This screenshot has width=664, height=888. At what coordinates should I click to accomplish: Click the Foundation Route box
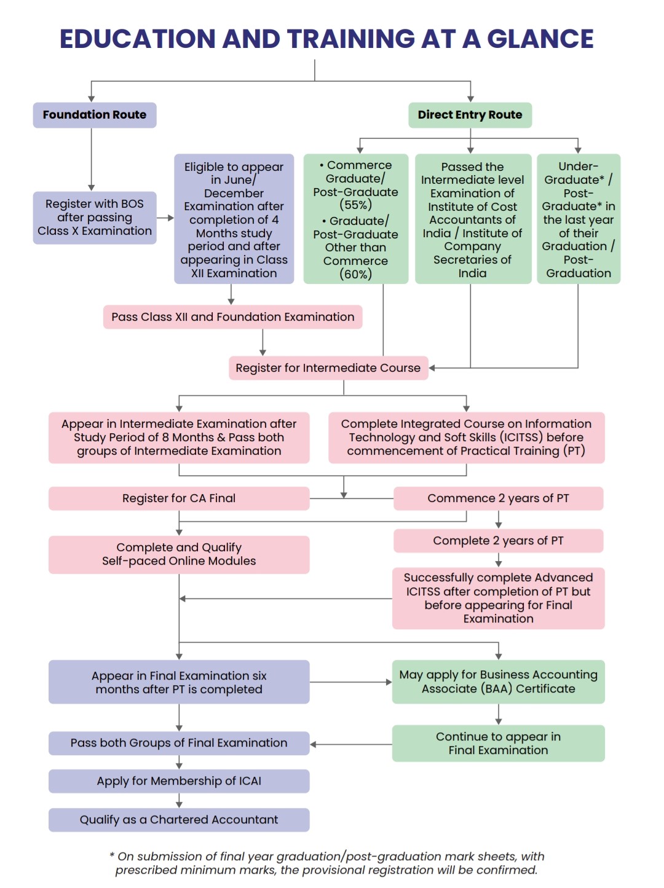click(x=94, y=115)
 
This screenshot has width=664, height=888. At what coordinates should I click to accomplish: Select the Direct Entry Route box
click(x=470, y=115)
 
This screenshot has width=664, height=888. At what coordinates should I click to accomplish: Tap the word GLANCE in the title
click(x=540, y=39)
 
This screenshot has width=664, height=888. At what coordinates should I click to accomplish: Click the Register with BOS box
click(x=94, y=218)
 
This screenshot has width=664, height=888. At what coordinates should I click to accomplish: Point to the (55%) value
click(x=355, y=205)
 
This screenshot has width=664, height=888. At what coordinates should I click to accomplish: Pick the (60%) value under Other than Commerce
click(x=355, y=274)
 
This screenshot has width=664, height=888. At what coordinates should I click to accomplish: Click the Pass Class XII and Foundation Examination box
click(x=232, y=316)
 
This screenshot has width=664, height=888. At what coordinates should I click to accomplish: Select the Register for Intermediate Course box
click(x=328, y=367)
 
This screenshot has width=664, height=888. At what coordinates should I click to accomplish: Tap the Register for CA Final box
click(x=179, y=498)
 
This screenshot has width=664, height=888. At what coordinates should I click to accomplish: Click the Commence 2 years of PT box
click(x=498, y=498)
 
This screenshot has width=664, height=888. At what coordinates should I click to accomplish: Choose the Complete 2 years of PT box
click(x=498, y=541)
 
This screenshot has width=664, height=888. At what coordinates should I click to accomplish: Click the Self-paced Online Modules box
click(x=179, y=555)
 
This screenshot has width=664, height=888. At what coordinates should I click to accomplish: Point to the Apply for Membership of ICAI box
click(x=179, y=781)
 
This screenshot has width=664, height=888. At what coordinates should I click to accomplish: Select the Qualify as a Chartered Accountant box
click(x=179, y=820)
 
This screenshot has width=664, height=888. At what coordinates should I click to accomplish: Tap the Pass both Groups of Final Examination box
click(x=179, y=743)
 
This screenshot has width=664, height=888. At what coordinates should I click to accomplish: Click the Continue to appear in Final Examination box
click(x=498, y=743)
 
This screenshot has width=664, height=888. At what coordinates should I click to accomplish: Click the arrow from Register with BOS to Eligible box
click(x=165, y=218)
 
